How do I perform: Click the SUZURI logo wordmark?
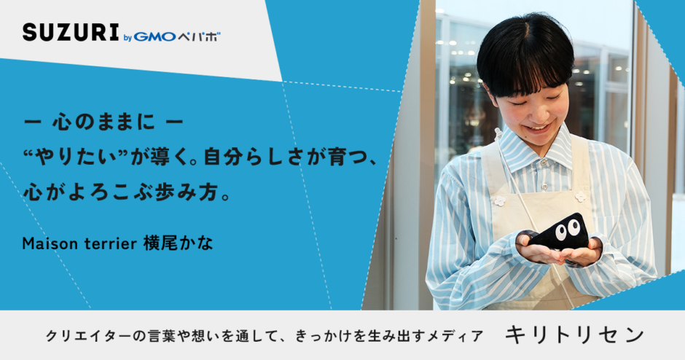pyautogui.click(x=71, y=32)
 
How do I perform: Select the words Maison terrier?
pyautogui.click(x=79, y=243)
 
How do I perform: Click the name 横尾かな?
pyautogui.click(x=179, y=243)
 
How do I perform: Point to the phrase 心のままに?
pyautogui.click(x=103, y=122)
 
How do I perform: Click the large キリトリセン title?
pyautogui.click(x=574, y=335)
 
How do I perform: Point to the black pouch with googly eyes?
pyautogui.click(x=560, y=232)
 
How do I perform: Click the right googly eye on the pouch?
pyautogui.click(x=574, y=227)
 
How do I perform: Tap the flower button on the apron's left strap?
pyautogui.click(x=499, y=201)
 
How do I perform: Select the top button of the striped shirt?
pyautogui.click(x=544, y=163)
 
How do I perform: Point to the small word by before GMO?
pyautogui.click(x=128, y=38)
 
